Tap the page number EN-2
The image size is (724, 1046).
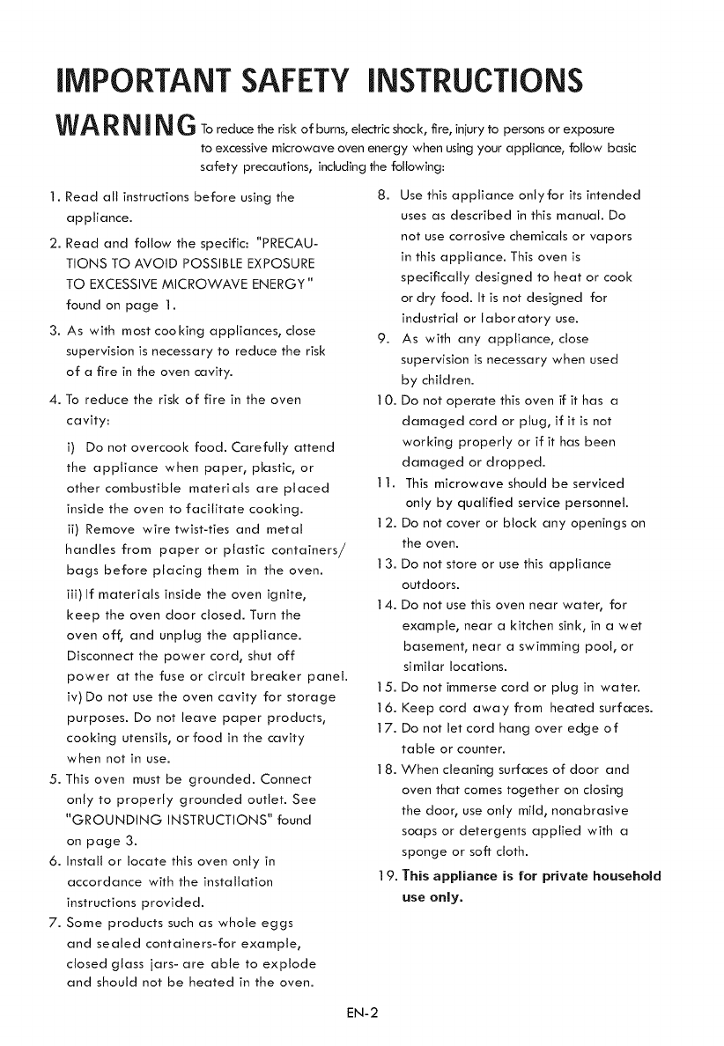point(362,1009)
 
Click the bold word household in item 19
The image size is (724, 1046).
point(617,876)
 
